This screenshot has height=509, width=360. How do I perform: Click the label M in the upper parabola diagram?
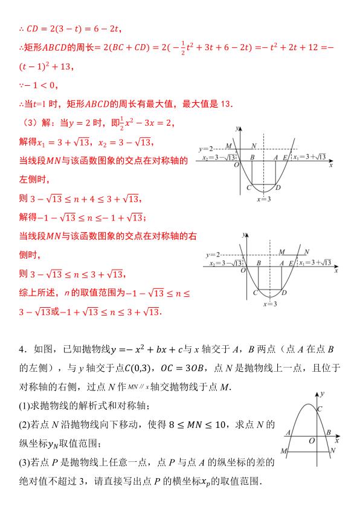point(228,146)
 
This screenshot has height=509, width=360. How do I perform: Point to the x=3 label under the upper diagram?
point(264,199)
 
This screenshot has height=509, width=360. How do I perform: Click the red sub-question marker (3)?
point(29,122)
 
